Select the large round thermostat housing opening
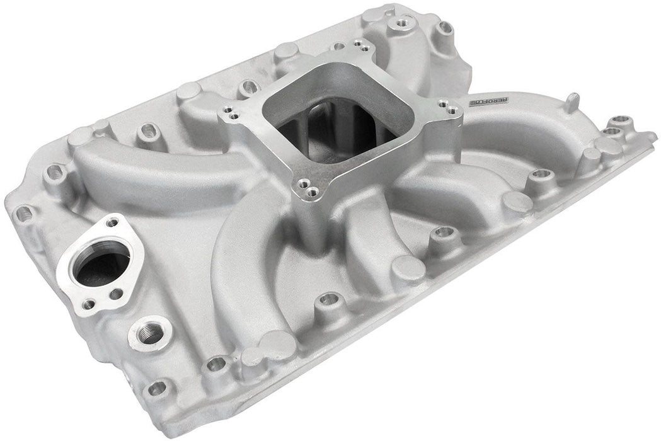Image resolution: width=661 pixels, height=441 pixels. pyautogui.click(x=101, y=265)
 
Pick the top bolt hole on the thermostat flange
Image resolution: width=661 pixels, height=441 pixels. pyautogui.click(x=113, y=222)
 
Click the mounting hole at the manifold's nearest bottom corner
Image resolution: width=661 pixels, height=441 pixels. pyautogui.click(x=157, y=387)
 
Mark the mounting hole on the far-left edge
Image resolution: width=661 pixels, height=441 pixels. pyautogui.click(x=24, y=214)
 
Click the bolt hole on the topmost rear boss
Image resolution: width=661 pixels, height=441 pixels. pyautogui.click(x=400, y=24)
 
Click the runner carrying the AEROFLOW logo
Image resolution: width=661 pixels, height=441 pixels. pyautogui.click(x=529, y=126)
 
